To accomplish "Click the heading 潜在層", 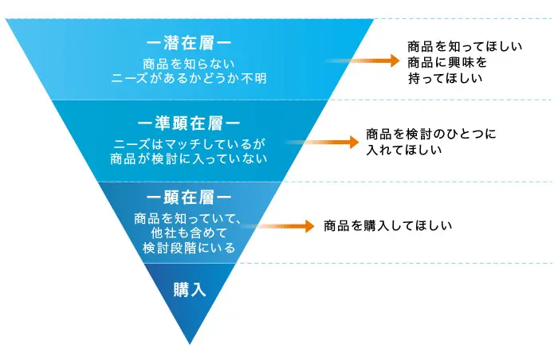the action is [x=189, y=43].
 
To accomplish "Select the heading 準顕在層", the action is [x=189, y=123].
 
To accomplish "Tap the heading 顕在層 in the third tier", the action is [x=189, y=198].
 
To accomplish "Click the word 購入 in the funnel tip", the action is [x=190, y=290].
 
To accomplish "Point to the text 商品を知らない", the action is [x=189, y=64].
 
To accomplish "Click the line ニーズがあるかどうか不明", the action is [x=189, y=78].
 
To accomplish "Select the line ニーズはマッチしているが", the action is [x=189, y=144].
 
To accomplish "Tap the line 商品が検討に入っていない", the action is [x=189, y=158].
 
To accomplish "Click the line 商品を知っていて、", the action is [x=187, y=218].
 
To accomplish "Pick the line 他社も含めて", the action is [x=189, y=233].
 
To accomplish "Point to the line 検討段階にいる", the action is [x=189, y=248].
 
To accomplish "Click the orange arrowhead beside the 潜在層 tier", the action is [x=395, y=61].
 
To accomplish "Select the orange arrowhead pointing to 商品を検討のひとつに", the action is [x=355, y=143].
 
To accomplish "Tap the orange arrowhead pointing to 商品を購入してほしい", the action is [x=309, y=226].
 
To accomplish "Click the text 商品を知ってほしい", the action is [x=465, y=47].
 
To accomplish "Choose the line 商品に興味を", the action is [x=447, y=63].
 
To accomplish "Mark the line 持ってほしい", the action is [x=445, y=78].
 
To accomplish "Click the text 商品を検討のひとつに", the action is [x=431, y=134].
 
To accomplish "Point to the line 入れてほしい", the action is [x=404, y=150].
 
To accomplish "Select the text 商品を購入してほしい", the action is [x=388, y=226].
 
